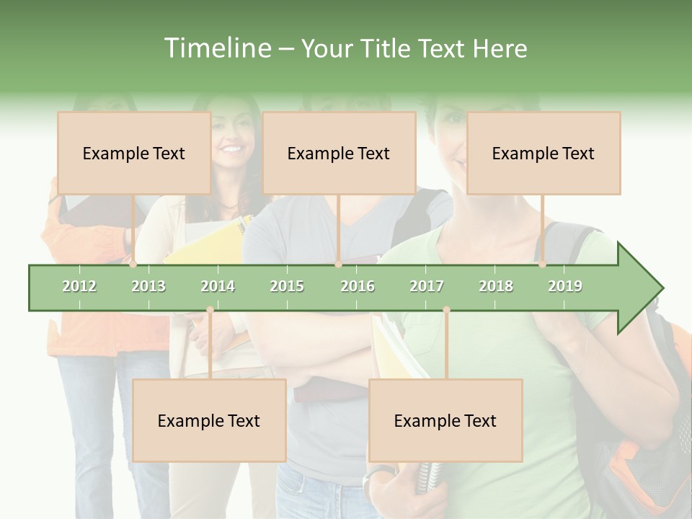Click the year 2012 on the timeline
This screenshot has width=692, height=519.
tap(79, 286)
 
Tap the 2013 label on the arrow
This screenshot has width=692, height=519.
tap(148, 286)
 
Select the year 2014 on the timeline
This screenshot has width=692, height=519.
tap(218, 286)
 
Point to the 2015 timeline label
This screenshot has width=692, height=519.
tap(287, 286)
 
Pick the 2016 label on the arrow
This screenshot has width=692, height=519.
tap(358, 286)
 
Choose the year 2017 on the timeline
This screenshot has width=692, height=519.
tap(427, 286)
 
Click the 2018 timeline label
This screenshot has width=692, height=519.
tap(496, 286)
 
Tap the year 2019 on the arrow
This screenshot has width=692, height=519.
tap(565, 286)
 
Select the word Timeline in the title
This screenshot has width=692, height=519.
tap(216, 48)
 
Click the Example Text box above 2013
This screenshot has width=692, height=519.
tap(134, 153)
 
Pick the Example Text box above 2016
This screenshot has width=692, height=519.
tap(339, 153)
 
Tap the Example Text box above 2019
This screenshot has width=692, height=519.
tap(544, 153)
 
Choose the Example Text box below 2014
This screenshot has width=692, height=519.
tap(209, 420)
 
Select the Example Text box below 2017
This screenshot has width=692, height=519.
tap(445, 420)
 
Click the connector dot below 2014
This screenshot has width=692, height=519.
tap(210, 310)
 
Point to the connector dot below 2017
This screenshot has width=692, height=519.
tap(446, 310)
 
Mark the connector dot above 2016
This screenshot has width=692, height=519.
tap(338, 265)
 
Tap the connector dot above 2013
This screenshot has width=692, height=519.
tap(133, 265)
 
